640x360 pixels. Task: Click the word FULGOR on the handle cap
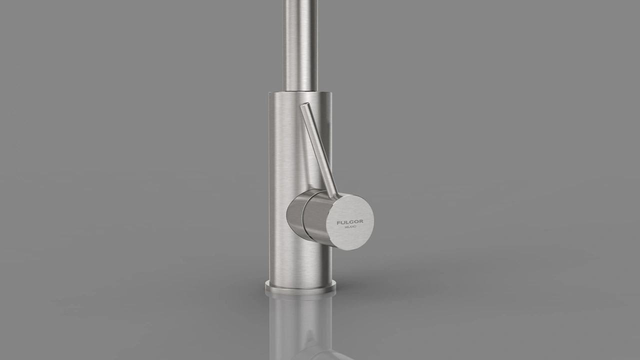[x=350, y=222]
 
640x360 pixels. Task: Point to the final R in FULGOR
[x=361, y=221]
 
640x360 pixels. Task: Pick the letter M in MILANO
[x=345, y=227]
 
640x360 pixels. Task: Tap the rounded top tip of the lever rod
[x=305, y=105]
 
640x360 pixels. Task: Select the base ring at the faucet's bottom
[x=300, y=287]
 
